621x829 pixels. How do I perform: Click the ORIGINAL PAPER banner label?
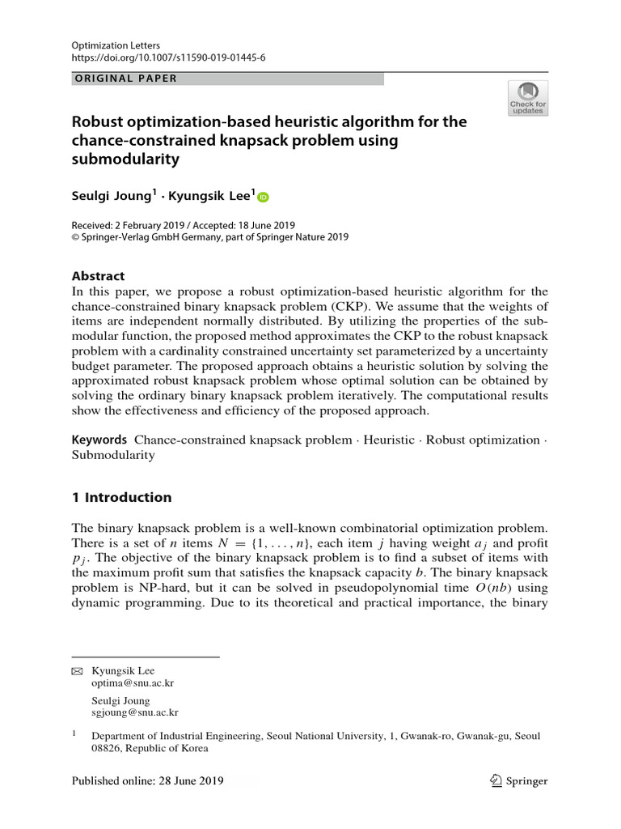click(x=125, y=79)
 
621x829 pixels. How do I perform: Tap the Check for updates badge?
click(x=527, y=98)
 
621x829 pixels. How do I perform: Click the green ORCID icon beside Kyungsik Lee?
click(x=263, y=197)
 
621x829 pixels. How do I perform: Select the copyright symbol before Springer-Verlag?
click(x=77, y=237)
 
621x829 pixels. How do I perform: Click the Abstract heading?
click(x=99, y=275)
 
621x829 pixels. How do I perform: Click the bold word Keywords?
click(x=99, y=440)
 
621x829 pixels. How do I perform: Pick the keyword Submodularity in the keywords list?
click(x=113, y=455)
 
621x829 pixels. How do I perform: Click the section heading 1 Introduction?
click(x=122, y=497)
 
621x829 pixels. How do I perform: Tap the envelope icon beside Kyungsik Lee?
click(x=78, y=671)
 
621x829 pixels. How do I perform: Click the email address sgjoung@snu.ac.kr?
click(x=135, y=713)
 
